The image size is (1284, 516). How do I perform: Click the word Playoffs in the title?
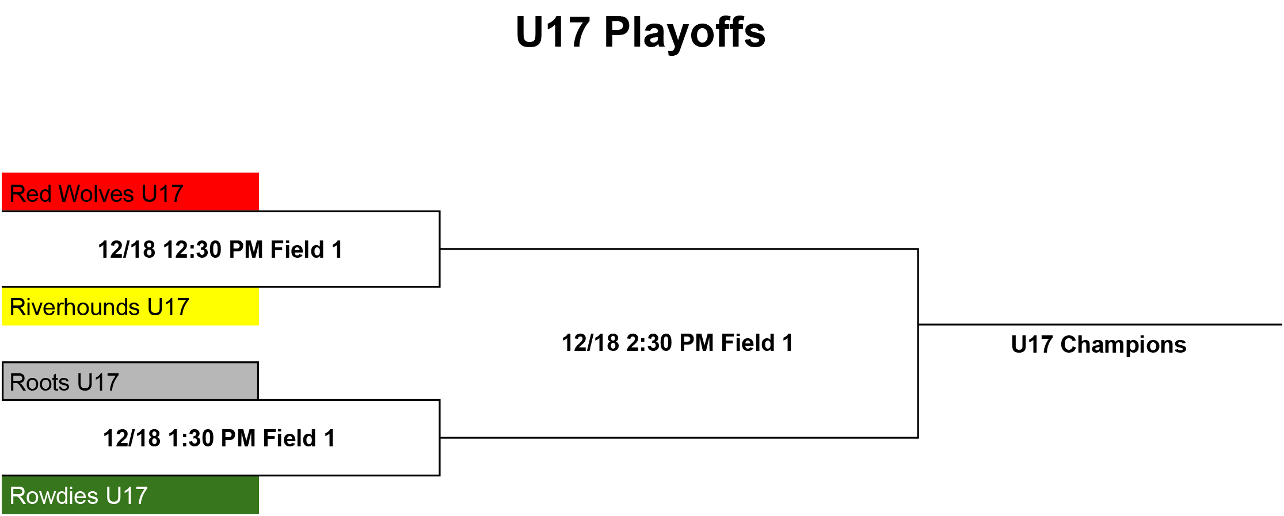point(685,33)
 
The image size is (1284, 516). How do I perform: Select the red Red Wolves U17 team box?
point(130,192)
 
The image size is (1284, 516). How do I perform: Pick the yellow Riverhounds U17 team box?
point(130,307)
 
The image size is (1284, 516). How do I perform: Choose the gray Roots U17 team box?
point(130,381)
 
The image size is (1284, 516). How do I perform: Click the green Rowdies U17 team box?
point(130,495)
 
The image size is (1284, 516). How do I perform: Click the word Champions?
point(1123,345)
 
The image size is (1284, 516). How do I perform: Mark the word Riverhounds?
point(75,307)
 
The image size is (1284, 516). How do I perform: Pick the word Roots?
point(40,383)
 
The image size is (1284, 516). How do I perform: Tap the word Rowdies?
point(54,496)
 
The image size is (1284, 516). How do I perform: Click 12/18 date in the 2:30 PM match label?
point(590,343)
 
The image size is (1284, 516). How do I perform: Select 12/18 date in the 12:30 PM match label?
point(127,250)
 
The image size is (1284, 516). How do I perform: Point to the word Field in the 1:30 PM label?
point(289,438)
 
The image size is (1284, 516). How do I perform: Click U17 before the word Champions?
point(1032,345)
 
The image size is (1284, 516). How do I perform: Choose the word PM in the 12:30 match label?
point(246,250)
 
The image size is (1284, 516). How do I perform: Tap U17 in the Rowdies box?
point(127,496)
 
